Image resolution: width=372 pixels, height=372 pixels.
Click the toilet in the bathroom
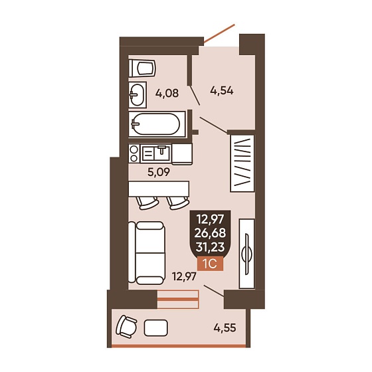pos(142,68)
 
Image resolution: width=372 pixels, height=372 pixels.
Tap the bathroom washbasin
pos(138,95)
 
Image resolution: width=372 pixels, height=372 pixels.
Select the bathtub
pos(157,124)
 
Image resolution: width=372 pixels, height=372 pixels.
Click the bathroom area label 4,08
pos(167,93)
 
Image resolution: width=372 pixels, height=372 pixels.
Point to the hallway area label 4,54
pos(222,90)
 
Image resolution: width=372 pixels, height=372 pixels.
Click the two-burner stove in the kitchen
pos(134,153)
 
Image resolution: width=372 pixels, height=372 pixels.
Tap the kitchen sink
pos(155,153)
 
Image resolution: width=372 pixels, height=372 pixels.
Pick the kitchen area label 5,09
pos(159,172)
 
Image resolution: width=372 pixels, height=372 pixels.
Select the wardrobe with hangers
pos(242,163)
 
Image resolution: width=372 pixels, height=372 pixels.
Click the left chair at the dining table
pos(147,203)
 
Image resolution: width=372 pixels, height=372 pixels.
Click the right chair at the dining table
pos(178,203)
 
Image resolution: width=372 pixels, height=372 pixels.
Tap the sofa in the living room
pos(147,253)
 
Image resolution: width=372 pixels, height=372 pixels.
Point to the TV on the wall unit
pos(246,254)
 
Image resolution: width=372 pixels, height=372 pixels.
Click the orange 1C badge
pos(210,263)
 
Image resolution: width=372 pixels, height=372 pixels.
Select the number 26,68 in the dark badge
pos(210,233)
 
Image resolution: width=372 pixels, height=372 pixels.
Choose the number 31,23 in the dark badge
pos(210,247)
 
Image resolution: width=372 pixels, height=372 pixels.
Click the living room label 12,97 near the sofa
pos(185,276)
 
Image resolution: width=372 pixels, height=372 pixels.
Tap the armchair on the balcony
pos(126,326)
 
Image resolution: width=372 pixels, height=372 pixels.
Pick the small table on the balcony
pos(156,328)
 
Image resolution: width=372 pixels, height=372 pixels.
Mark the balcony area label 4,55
pos(225,328)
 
